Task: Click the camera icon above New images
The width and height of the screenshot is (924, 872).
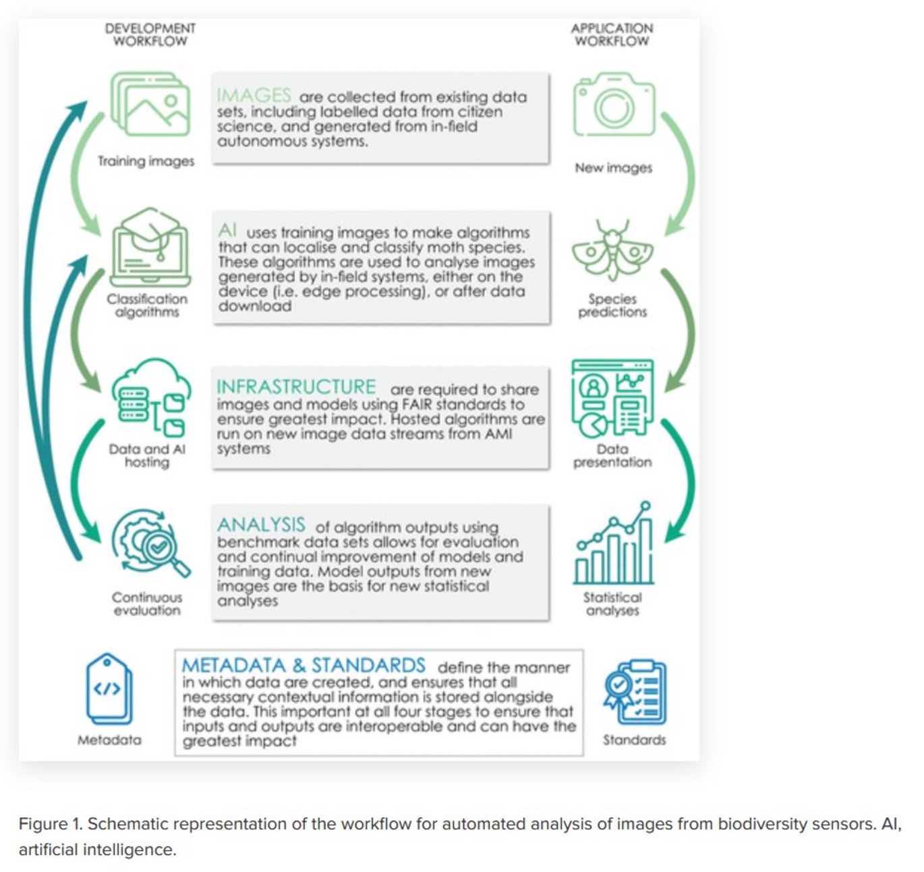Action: pos(614,106)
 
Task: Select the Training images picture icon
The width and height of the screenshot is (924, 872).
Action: pos(150,105)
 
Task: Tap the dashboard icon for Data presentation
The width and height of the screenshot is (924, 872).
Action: pos(612,397)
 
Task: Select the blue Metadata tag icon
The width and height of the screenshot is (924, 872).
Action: pos(109,689)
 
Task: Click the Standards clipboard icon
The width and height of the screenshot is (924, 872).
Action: pos(635,693)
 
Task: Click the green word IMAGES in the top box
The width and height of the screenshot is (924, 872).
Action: pos(254,95)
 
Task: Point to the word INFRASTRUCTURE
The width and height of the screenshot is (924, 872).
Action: pos(296,387)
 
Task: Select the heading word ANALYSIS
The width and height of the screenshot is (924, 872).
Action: pos(261,525)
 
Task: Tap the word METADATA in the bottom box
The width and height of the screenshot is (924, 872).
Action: pos(233,666)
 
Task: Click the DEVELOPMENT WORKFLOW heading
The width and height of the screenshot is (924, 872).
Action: pos(150,34)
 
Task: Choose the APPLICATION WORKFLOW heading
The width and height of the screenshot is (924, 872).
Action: pos(612,34)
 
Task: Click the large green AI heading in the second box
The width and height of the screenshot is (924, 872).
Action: pos(227,231)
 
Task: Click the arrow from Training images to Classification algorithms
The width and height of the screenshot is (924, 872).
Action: pos(84,172)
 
